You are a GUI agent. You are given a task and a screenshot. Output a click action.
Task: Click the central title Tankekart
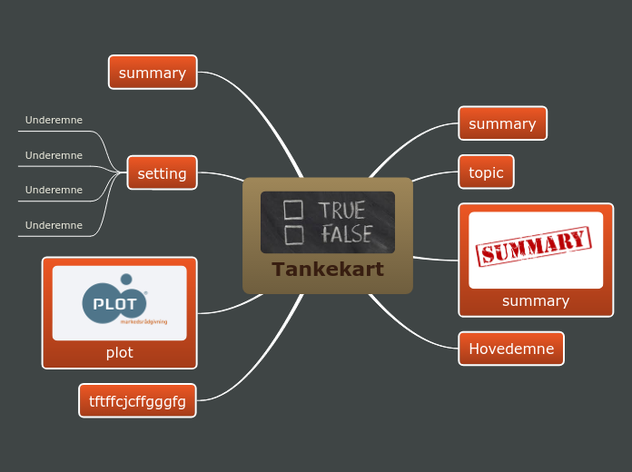pyautogui.click(x=327, y=270)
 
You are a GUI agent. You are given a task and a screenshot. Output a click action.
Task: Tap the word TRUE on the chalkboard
pyautogui.click(x=341, y=211)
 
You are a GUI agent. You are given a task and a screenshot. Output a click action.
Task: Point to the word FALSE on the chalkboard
pyautogui.click(x=346, y=234)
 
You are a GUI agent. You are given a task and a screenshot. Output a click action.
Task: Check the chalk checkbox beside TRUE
pyautogui.click(x=292, y=211)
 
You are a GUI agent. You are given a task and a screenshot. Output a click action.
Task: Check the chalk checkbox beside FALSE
pyautogui.click(x=292, y=235)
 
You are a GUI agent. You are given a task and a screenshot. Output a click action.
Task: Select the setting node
pyautogui.click(x=162, y=173)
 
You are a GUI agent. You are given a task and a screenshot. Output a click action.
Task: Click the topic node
pyautogui.click(x=486, y=172)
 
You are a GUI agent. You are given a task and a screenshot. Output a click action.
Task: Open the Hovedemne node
pyautogui.click(x=510, y=349)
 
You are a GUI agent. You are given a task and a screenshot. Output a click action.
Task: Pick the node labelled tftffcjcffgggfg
pyautogui.click(x=137, y=401)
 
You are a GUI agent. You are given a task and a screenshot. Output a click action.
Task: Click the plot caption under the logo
pyautogui.click(x=119, y=352)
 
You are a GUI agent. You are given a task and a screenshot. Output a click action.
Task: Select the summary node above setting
pyautogui.click(x=153, y=73)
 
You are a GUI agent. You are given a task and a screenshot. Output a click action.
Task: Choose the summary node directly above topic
pyautogui.click(x=502, y=123)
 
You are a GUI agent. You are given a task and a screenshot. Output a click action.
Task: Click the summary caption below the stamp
pyautogui.click(x=535, y=300)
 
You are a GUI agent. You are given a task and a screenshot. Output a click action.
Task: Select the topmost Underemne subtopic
pyautogui.click(x=54, y=120)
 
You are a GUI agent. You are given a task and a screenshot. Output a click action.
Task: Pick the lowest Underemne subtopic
pyautogui.click(x=54, y=225)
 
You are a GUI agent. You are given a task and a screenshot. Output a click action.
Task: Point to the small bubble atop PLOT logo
pyautogui.click(x=126, y=280)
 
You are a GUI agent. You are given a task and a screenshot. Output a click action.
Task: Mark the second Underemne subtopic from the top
pyautogui.click(x=54, y=155)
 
